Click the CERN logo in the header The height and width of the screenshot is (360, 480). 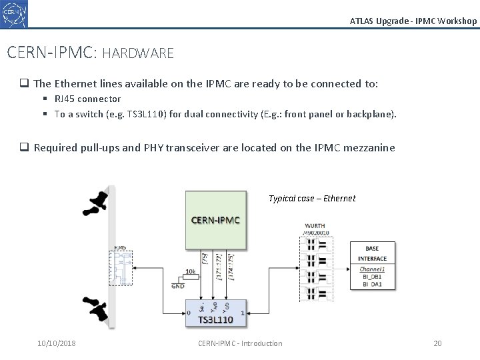15,13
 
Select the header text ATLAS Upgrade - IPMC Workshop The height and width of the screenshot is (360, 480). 413,21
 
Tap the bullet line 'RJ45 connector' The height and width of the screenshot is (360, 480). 87,99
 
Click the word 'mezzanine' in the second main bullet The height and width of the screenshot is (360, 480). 369,147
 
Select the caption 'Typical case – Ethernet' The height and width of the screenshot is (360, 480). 312,198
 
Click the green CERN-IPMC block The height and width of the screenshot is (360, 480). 215,219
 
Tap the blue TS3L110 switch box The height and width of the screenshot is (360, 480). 215,314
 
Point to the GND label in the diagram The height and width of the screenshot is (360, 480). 178,286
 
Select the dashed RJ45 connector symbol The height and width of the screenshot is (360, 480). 120,267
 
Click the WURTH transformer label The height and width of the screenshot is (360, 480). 315,226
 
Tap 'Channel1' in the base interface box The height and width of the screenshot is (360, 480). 372,269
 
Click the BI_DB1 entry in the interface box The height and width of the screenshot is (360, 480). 371,277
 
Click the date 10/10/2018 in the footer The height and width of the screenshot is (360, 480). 57,343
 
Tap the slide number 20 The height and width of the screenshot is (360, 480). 437,343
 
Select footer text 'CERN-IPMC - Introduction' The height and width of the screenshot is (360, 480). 240,343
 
